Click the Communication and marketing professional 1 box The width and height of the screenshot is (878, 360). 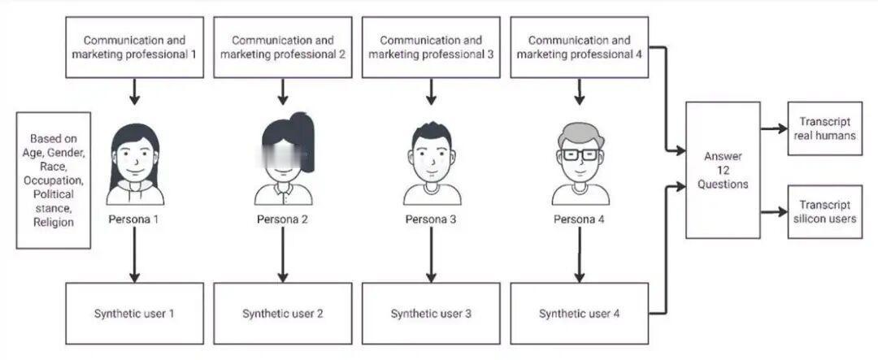coord(135,47)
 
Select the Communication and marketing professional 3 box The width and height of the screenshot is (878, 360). coord(431,47)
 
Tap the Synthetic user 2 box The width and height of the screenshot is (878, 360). coord(283,313)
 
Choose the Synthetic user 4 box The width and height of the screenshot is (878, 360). coord(579,313)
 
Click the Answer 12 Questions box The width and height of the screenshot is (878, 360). coord(723,170)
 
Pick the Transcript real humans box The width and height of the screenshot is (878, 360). coord(824,129)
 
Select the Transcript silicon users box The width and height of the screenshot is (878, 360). coord(824,211)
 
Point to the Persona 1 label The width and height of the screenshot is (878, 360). coord(135,219)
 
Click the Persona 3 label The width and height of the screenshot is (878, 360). coord(431,219)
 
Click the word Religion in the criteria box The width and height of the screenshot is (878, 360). coord(53,222)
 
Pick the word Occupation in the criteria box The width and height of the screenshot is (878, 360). coord(53,180)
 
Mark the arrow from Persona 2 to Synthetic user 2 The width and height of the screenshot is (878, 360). coord(283,254)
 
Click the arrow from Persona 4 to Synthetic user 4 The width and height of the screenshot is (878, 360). coord(579,254)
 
